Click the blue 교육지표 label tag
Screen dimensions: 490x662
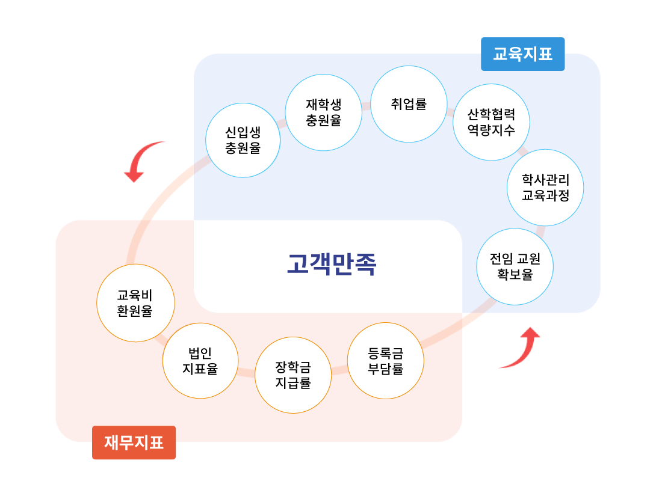point(522,54)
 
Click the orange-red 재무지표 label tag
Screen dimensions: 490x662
point(134,443)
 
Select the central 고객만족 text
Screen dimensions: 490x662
point(331,264)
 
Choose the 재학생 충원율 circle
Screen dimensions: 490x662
point(323,112)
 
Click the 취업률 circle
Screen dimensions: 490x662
point(409,104)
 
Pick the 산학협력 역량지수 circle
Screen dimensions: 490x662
point(491,122)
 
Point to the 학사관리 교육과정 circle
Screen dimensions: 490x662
point(545,187)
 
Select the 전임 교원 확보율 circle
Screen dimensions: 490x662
point(515,266)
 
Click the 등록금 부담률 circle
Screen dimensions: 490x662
point(385,361)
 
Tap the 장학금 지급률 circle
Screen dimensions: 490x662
point(293,375)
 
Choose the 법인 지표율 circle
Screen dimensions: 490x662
point(200,360)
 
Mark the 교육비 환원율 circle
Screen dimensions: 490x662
point(135,303)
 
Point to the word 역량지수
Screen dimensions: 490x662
point(491,130)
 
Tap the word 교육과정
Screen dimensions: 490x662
point(545,195)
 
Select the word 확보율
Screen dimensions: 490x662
point(515,274)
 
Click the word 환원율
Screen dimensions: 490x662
point(135,311)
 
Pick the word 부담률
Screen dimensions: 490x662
point(385,369)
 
